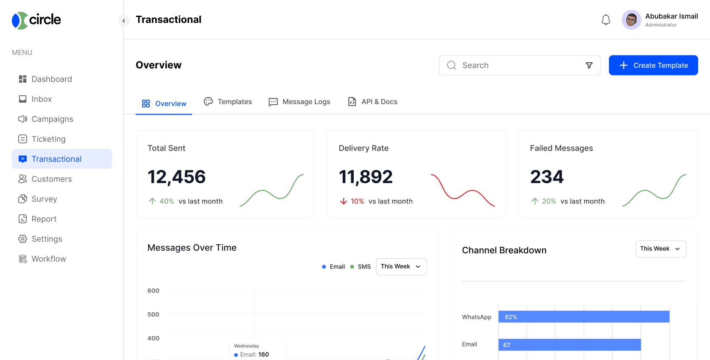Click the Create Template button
[x=653, y=65]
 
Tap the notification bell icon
[x=606, y=20]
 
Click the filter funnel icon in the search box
[x=589, y=65]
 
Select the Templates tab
[x=228, y=102]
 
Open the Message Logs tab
[x=299, y=102]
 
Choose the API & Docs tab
[x=372, y=102]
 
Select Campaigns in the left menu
[x=46, y=119]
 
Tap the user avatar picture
[x=631, y=20]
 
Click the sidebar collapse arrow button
[x=123, y=21]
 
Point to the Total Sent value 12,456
[x=176, y=176]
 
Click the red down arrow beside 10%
[x=343, y=201]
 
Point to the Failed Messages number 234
[x=547, y=176]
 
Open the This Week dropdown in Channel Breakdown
[x=660, y=249]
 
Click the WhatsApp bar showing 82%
[x=584, y=317]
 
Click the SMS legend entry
[x=361, y=267]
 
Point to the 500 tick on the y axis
[x=154, y=314]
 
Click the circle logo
[x=36, y=20]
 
